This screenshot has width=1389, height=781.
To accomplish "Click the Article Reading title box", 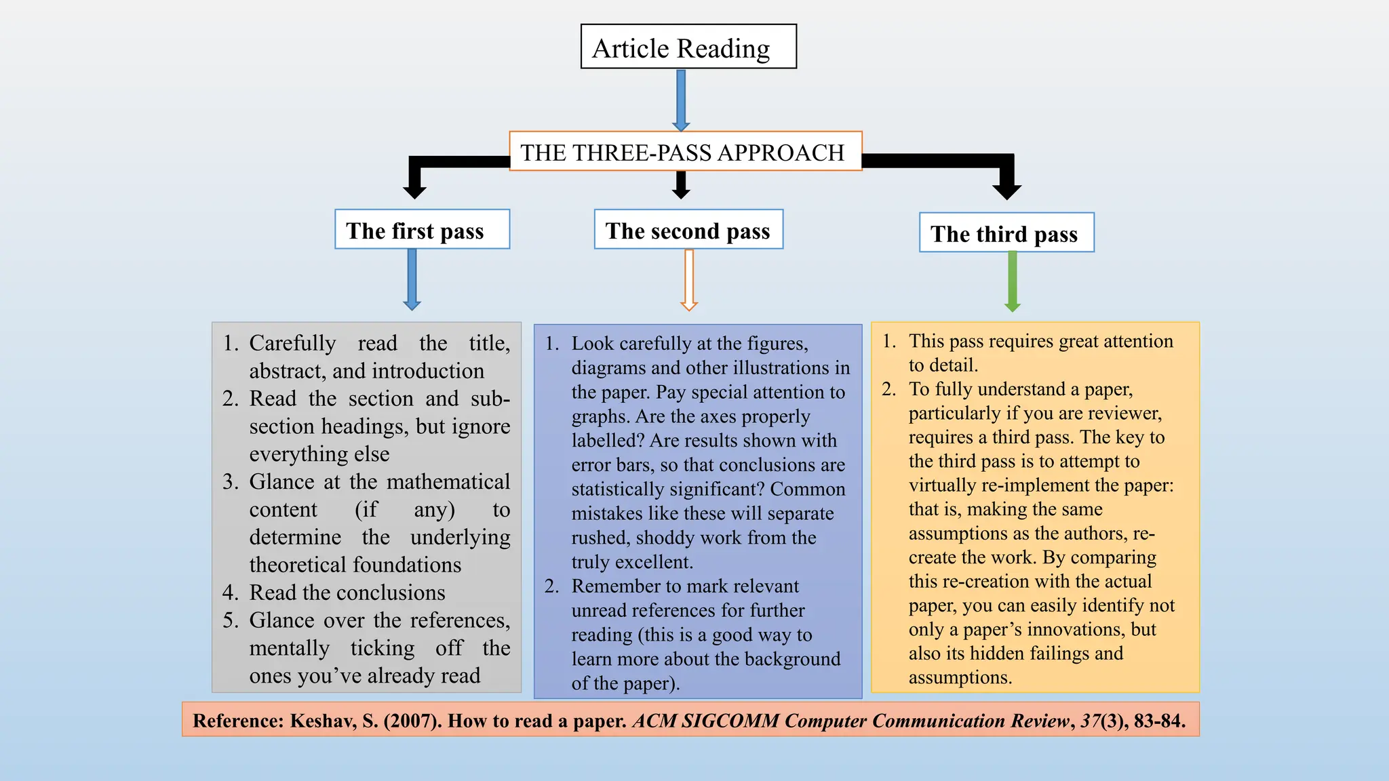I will point(688,47).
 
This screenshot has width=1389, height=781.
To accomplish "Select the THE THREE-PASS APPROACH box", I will point(685,151).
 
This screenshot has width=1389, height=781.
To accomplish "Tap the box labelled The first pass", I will point(422,229).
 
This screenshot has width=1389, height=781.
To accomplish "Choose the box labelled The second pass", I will point(688,229).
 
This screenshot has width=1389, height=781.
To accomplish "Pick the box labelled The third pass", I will point(1006,233).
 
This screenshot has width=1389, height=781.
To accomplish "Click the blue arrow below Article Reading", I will point(681,99).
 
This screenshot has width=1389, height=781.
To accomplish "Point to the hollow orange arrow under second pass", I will point(689,279).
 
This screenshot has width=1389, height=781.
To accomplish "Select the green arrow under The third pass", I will point(1013,281).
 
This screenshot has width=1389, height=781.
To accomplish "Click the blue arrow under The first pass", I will point(412,279).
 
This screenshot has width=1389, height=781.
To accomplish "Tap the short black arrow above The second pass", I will point(681,185).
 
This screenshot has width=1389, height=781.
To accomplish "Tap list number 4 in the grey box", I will point(231,593).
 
